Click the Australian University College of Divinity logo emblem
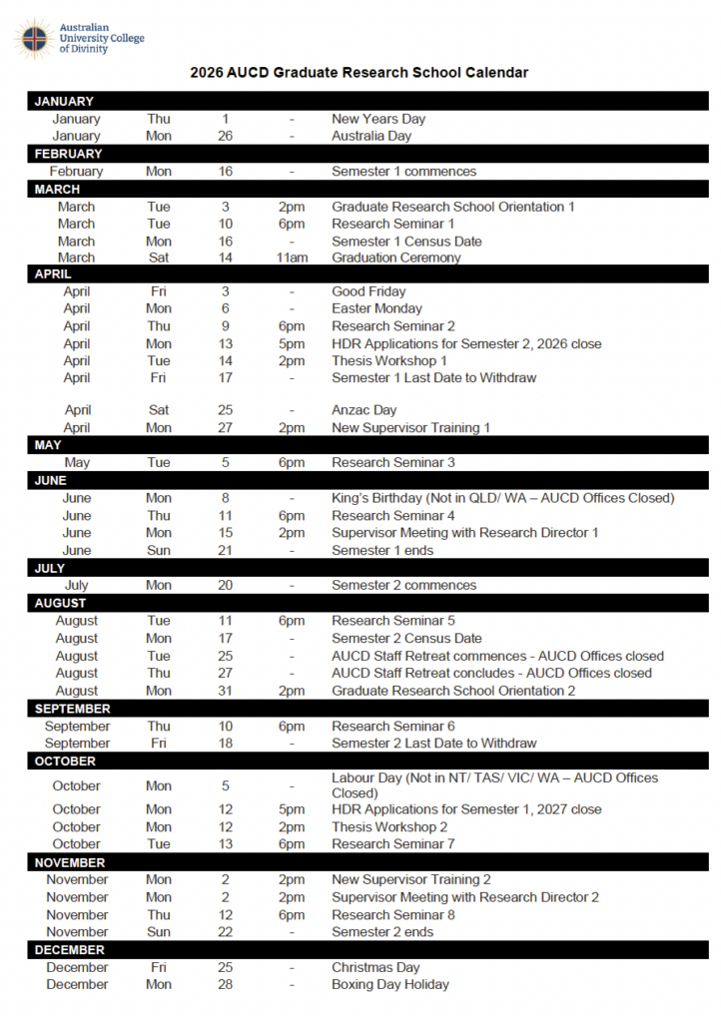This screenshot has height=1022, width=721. click(x=33, y=38)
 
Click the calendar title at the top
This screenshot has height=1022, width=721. click(x=360, y=73)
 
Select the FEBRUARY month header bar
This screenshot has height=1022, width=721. click(x=367, y=154)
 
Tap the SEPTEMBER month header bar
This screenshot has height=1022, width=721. click(x=367, y=709)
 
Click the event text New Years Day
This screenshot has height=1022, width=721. click(x=378, y=119)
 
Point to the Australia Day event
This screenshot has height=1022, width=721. click(x=371, y=136)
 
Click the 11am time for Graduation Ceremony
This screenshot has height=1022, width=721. click(x=292, y=257)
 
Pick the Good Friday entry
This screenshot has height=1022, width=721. click(x=368, y=291)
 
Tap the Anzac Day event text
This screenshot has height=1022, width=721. click(x=363, y=410)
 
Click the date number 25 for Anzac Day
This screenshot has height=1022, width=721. click(x=226, y=410)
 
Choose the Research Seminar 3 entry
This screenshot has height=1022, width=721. click(x=393, y=462)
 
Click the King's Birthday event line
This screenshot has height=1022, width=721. click(x=503, y=498)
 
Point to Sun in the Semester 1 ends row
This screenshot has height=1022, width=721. click(x=159, y=550)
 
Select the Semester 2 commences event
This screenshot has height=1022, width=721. click(x=403, y=585)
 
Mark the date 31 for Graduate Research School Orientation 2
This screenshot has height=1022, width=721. click(x=226, y=691)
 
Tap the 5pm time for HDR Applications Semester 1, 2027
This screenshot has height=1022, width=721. click(x=292, y=809)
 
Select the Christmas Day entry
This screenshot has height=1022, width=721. click(x=375, y=967)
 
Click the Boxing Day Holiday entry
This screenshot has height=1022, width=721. click(x=390, y=984)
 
